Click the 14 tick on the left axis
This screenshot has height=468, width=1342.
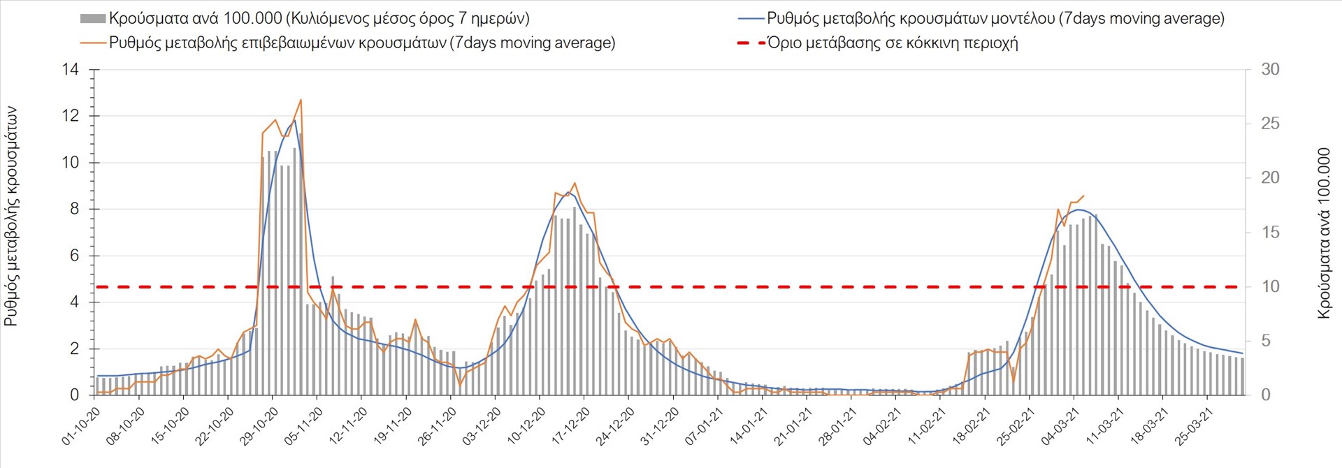[x=71, y=69]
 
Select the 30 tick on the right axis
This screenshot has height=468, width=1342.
[x=1270, y=69]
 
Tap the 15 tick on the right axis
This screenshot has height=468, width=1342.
[x=1270, y=232]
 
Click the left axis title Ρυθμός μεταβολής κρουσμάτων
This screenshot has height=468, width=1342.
[x=11, y=217]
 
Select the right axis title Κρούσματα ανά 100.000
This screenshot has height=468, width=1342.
[x=1324, y=233]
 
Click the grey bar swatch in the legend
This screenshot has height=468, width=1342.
[x=93, y=19]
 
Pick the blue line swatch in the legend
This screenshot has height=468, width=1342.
[x=750, y=19]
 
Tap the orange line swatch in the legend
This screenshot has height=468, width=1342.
[x=93, y=43]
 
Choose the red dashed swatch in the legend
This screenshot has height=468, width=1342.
[x=750, y=43]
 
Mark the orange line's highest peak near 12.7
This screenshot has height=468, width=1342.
[x=301, y=100]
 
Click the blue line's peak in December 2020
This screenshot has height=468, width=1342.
[x=568, y=192]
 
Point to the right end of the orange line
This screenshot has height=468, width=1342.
[x=1083, y=196]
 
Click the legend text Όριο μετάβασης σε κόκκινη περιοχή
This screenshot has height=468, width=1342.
[x=892, y=43]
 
